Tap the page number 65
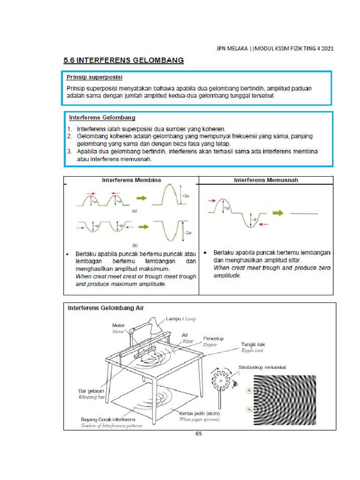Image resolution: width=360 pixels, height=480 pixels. pos(198,434)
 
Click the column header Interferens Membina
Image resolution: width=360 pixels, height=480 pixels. pos(131,180)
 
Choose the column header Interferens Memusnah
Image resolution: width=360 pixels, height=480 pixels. pos(266,180)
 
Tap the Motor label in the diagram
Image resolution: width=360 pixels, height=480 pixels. pos(118,325)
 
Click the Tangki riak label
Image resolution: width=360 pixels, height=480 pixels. pos(254,344)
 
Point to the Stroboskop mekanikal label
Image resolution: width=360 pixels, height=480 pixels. pos(262,367)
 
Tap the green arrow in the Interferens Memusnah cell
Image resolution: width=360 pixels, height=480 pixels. pos(279,212)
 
